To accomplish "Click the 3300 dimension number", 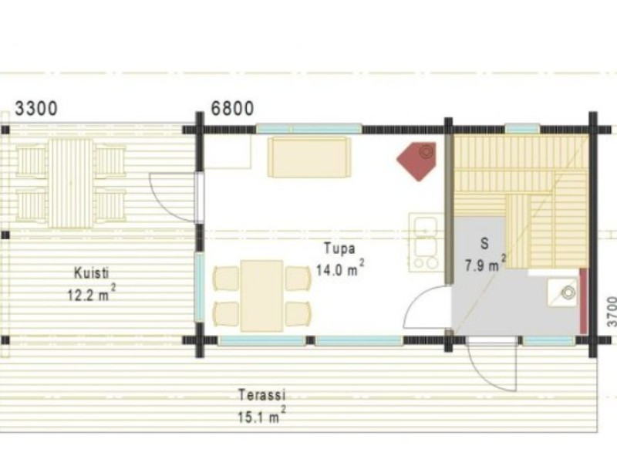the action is click(x=36, y=108).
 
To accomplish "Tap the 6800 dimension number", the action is click(x=233, y=108).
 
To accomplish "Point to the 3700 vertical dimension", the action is click(x=612, y=312).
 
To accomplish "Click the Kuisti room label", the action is click(x=91, y=273).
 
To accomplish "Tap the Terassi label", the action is click(x=261, y=395).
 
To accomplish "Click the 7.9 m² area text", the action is click(x=486, y=264).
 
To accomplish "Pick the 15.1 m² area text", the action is click(x=261, y=414).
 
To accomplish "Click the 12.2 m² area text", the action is click(x=92, y=293).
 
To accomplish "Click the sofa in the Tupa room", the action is click(x=309, y=157).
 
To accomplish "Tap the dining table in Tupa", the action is click(x=261, y=296).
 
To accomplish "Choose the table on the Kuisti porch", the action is click(x=71, y=183).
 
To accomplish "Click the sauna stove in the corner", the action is click(x=563, y=292).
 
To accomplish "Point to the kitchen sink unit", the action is click(x=427, y=242).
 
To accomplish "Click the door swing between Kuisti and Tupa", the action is click(x=173, y=197).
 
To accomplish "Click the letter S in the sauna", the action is click(x=485, y=244).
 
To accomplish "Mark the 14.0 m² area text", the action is click(x=340, y=269).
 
